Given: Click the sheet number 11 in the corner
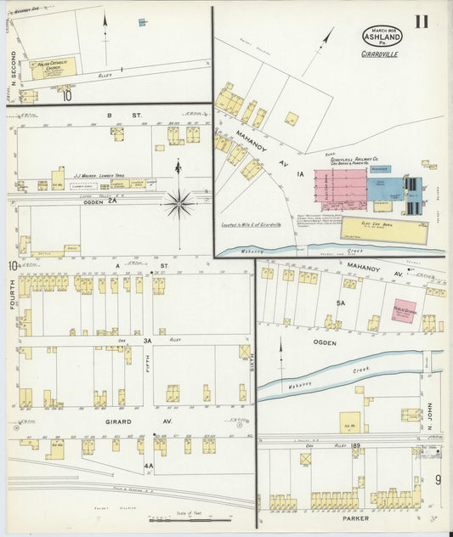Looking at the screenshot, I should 422,22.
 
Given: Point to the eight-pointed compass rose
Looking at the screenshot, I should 178,203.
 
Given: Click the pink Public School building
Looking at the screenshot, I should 403,311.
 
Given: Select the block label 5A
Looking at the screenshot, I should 341,302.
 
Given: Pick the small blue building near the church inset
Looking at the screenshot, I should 142,21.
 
